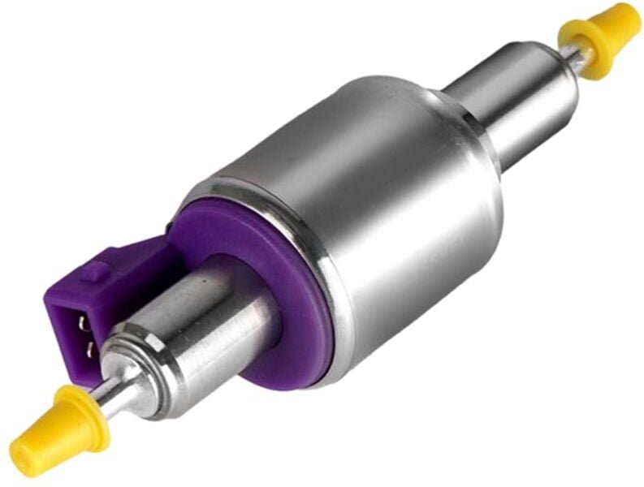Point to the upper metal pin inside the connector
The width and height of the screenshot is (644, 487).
[x=82, y=322]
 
